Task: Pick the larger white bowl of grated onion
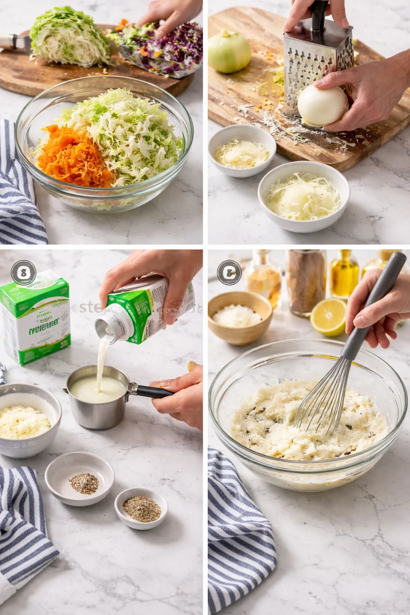[303, 196]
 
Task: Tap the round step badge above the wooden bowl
[229, 273]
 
